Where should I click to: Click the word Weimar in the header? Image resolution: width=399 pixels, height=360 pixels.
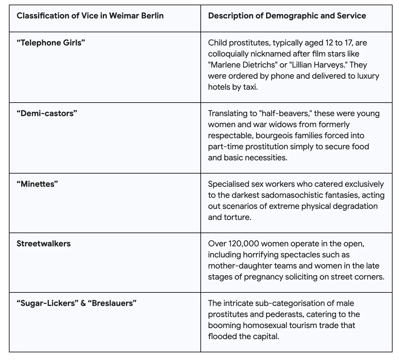(124, 16)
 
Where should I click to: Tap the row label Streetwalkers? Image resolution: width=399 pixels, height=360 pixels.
(44, 244)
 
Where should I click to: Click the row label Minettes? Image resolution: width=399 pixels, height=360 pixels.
(37, 184)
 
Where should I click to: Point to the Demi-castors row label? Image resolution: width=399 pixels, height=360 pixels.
(47, 113)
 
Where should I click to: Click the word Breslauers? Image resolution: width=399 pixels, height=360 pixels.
(112, 303)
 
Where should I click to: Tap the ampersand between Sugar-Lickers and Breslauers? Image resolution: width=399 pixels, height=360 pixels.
(83, 303)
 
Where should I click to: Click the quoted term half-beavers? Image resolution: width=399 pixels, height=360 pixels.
(286, 113)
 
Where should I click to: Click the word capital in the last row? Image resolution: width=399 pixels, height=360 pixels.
(265, 336)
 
